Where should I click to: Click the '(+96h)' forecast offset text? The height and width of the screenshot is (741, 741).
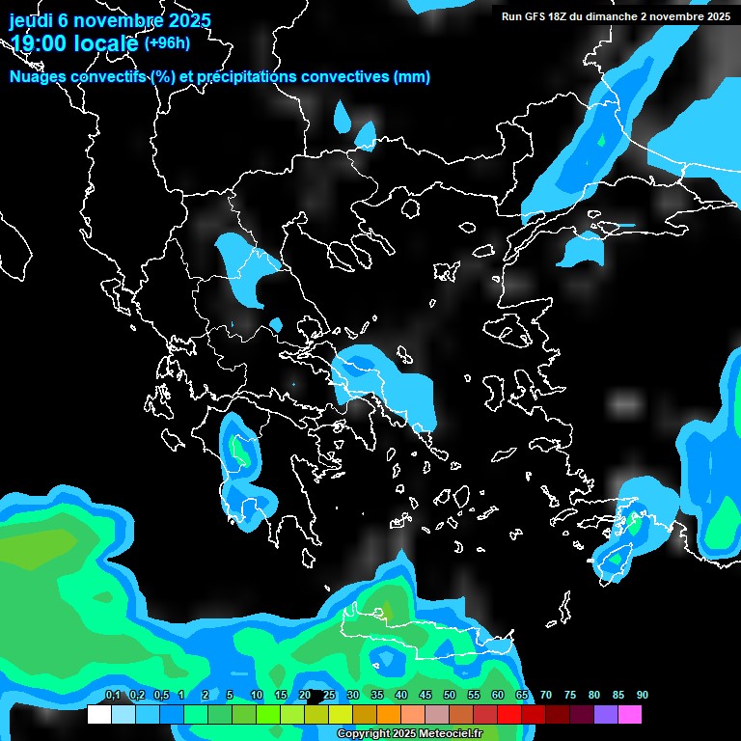167,42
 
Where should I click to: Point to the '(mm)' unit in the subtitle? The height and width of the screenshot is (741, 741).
412,77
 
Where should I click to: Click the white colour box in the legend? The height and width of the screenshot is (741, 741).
99,715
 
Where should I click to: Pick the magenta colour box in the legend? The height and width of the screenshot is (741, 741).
629,715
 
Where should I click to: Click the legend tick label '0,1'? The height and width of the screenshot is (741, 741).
112,696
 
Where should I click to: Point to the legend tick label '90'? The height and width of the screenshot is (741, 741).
643,696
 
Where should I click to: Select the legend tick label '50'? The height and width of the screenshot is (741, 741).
450,696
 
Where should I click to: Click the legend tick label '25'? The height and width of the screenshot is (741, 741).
329,696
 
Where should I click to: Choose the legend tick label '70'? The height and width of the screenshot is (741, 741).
546,696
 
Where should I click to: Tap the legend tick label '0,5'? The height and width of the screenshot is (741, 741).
160,696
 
